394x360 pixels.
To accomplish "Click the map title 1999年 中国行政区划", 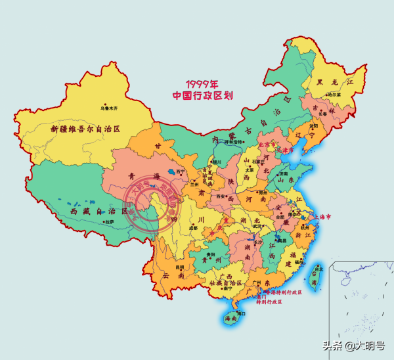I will [x=203, y=89].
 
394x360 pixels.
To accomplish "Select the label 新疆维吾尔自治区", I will [x=85, y=129].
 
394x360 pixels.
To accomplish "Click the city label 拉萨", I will [x=108, y=223].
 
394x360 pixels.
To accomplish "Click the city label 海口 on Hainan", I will [x=241, y=314].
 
